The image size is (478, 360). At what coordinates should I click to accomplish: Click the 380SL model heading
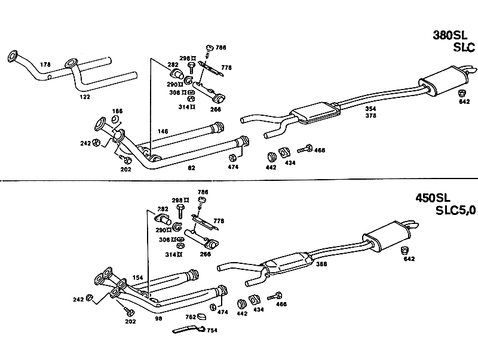pos(450,35)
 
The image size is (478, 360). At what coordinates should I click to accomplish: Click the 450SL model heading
pos(433,198)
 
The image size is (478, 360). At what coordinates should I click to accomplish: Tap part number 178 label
pos(45,64)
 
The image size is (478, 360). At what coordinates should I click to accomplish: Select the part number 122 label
pos(85,97)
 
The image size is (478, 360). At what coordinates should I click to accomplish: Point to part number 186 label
pos(117,111)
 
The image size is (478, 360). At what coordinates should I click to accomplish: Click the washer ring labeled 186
pos(116,119)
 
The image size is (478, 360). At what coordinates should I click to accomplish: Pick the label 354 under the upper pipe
pos(370,109)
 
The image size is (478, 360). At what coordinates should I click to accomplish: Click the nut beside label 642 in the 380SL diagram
pos(462,93)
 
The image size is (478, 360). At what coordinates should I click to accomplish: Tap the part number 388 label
pos(321,264)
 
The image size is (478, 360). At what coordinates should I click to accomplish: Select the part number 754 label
pos(212,331)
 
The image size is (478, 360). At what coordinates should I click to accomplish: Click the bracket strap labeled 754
pos(189,329)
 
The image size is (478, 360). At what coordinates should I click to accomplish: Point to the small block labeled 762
pos(201,317)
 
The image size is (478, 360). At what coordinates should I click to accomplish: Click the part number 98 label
pos(158,319)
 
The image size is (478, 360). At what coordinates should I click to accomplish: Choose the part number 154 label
pos(138,278)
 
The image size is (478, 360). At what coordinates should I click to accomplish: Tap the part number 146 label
pos(163,131)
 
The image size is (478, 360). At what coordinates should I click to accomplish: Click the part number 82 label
pos(191,168)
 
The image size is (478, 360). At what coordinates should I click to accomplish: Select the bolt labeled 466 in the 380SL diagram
pos(305,149)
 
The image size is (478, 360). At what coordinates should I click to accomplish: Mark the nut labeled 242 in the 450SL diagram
pos(89,297)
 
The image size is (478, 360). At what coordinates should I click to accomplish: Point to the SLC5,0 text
pos(455,210)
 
